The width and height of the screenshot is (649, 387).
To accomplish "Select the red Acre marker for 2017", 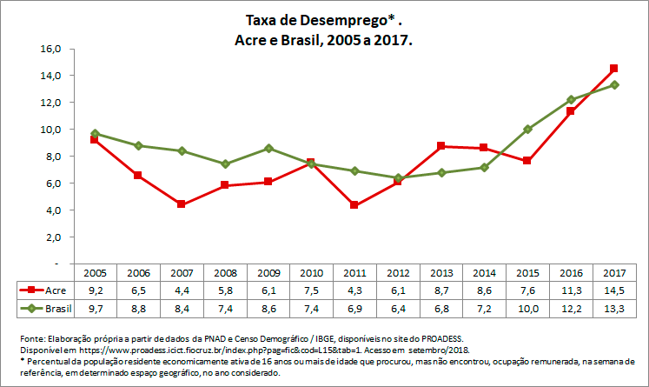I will [613, 68].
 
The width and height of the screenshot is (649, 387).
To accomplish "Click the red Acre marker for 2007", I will [181, 204].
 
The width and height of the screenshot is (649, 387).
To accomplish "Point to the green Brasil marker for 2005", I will [95, 133].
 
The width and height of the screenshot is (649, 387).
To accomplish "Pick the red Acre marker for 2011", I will [354, 205].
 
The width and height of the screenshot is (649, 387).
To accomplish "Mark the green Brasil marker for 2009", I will [268, 148].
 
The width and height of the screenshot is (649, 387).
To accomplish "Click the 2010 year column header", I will [311, 272].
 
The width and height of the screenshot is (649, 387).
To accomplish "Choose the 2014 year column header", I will [484, 272].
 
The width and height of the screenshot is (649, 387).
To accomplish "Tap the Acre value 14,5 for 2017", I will [613, 290].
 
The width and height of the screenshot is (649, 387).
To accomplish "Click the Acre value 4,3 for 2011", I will [354, 290].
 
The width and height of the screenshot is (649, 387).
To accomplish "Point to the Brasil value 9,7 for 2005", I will [95, 308].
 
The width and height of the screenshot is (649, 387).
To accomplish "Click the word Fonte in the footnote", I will [30, 338].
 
